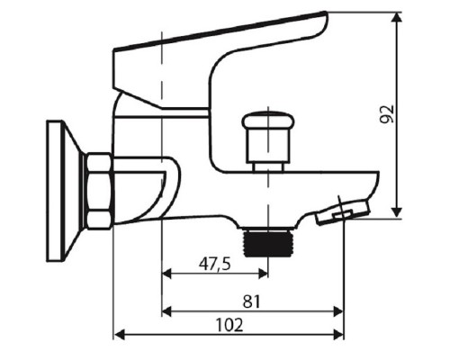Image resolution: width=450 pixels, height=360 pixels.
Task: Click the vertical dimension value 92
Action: (386, 114)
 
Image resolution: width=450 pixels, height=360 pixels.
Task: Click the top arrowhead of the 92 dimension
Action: (396, 16)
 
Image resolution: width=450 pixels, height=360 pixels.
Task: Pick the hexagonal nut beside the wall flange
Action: (98, 193)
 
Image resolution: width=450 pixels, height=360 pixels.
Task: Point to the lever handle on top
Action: (225, 45)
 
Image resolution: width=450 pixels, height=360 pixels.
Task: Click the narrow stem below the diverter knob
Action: (269, 162)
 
